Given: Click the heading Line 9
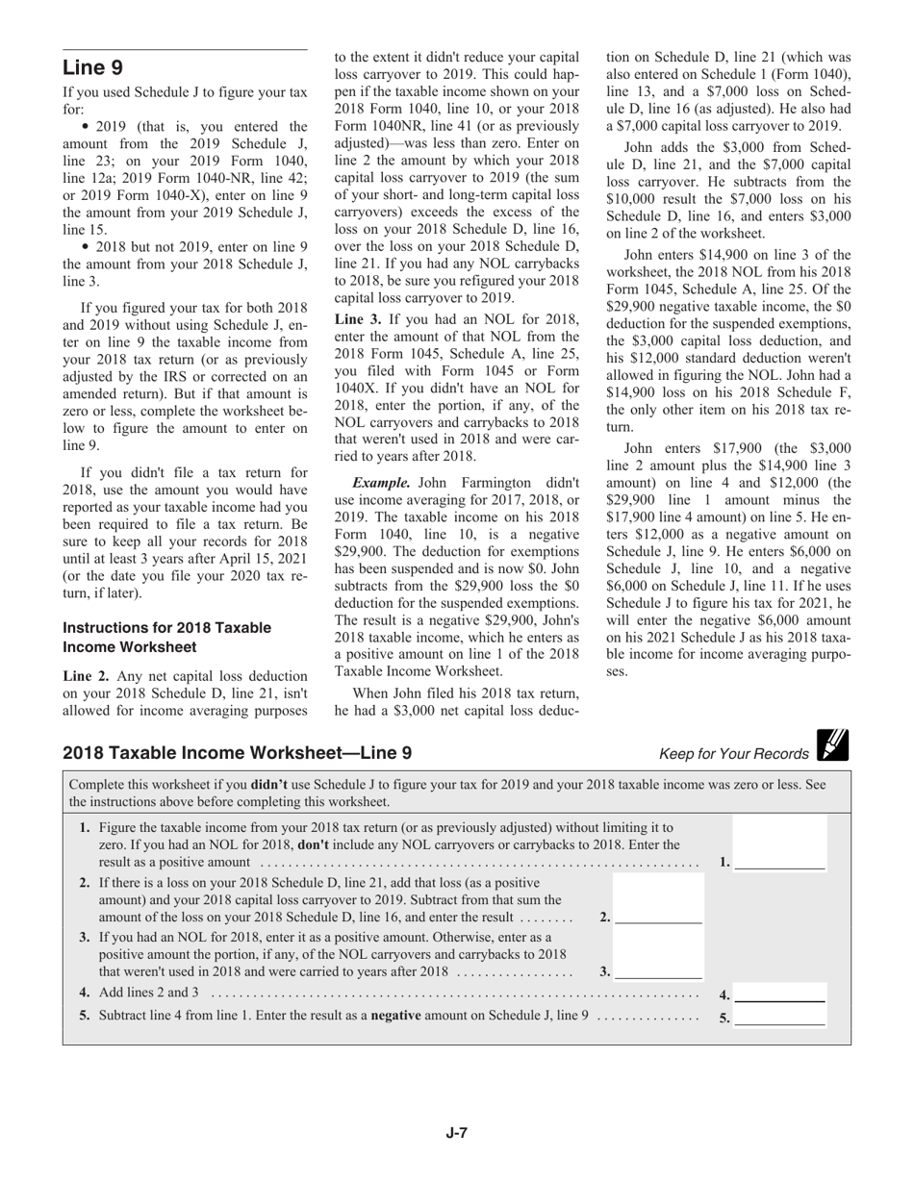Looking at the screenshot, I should click(92, 68).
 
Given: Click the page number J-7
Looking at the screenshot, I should click(456, 1133).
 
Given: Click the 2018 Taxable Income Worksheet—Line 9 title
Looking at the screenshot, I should click(237, 752).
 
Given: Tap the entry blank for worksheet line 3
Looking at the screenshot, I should click(659, 971).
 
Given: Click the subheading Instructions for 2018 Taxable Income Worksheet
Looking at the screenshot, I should click(166, 637).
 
